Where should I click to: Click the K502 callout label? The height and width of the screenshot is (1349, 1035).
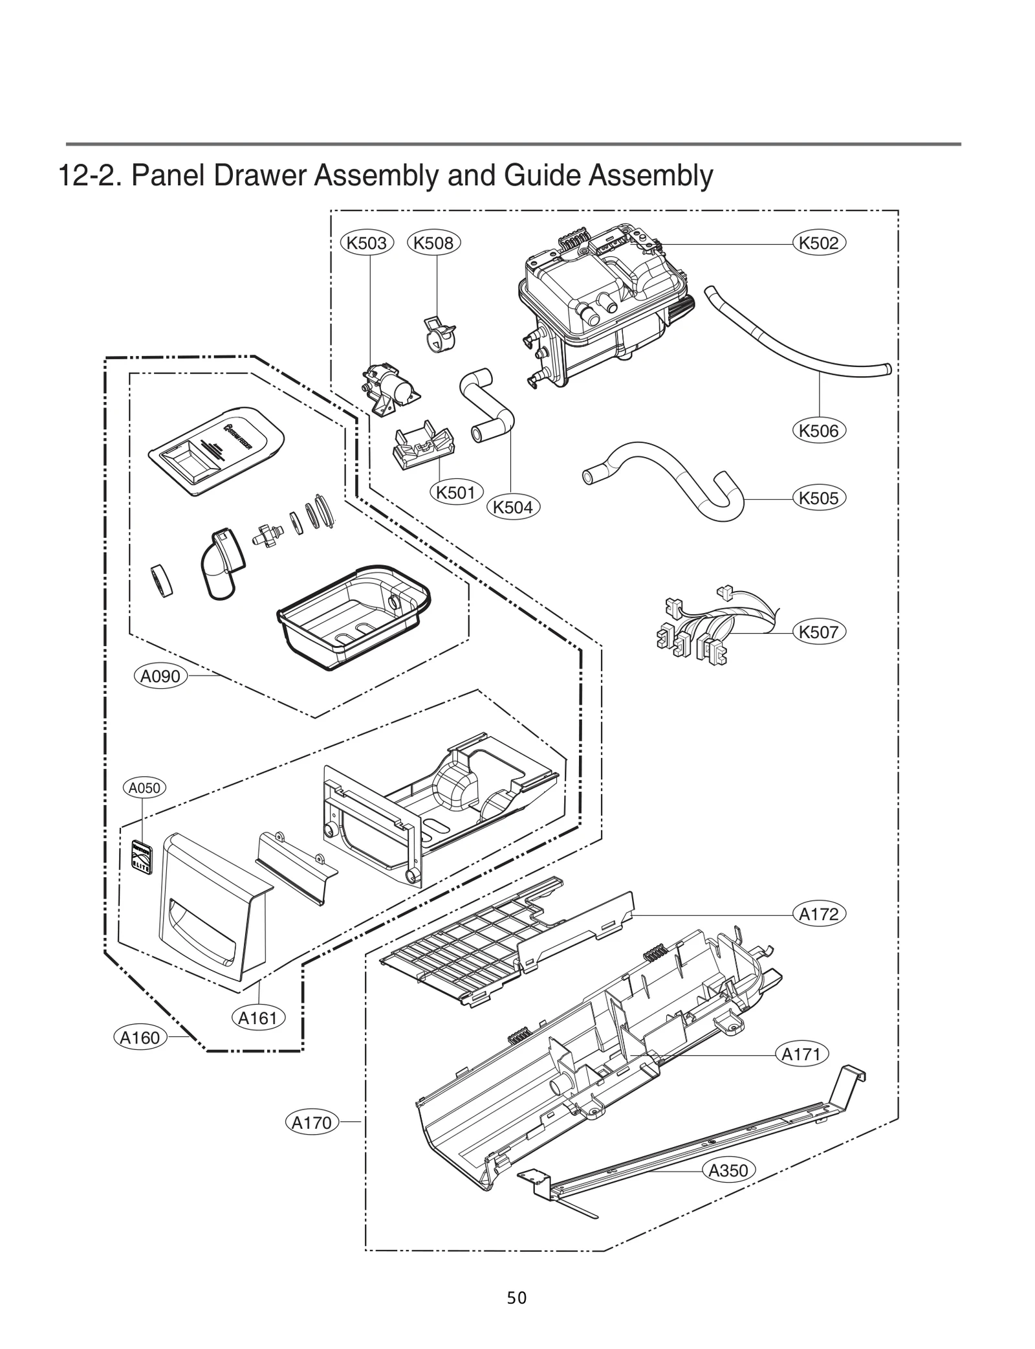pyautogui.click(x=819, y=243)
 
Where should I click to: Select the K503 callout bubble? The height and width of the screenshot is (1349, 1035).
pyautogui.click(x=367, y=243)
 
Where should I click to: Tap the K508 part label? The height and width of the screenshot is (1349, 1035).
pyautogui.click(x=434, y=243)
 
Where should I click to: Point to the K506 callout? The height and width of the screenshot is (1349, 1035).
pyautogui.click(x=819, y=431)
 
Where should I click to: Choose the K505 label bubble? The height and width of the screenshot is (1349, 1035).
pyautogui.click(x=819, y=498)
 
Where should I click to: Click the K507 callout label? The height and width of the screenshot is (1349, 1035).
pyautogui.click(x=819, y=632)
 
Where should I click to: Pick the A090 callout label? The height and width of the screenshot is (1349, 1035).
pyautogui.click(x=160, y=676)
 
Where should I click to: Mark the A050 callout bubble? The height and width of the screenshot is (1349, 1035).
pyautogui.click(x=144, y=788)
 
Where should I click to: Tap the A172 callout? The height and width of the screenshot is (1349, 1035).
pyautogui.click(x=819, y=915)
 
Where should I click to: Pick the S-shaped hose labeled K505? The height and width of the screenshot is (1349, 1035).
pyautogui.click(x=666, y=476)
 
